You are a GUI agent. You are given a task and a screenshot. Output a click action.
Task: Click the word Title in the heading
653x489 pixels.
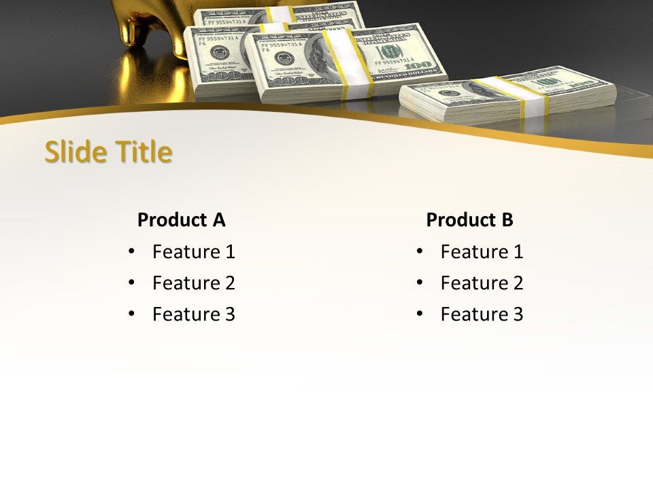click(x=141, y=152)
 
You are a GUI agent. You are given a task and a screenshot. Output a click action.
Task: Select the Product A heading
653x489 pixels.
click(x=181, y=220)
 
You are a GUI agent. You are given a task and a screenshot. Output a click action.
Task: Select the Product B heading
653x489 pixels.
click(x=469, y=220)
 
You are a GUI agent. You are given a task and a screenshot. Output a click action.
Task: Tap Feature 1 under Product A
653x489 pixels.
click(x=193, y=252)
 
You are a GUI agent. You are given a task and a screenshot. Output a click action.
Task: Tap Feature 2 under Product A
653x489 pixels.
click(x=193, y=283)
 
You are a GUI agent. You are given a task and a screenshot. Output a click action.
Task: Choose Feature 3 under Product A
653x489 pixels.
click(x=193, y=314)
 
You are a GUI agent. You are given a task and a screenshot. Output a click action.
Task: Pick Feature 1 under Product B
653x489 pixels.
click(x=482, y=252)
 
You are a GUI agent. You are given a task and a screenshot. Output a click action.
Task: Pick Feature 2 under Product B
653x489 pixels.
click(x=482, y=283)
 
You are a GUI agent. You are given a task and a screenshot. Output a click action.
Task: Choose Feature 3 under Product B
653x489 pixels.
click(x=482, y=314)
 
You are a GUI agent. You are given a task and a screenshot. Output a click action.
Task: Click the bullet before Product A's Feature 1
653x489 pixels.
click(x=131, y=252)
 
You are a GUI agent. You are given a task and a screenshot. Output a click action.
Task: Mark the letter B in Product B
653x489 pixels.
click(x=507, y=220)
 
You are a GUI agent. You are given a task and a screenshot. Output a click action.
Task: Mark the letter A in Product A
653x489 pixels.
click(x=218, y=220)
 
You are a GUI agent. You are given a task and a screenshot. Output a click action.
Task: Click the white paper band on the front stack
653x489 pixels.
click(x=347, y=61)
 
